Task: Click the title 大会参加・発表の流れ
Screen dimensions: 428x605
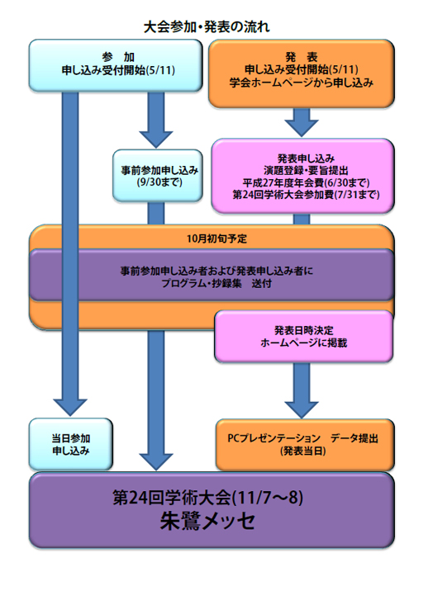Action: click(x=207, y=27)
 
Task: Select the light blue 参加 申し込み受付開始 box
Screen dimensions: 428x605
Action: click(x=116, y=65)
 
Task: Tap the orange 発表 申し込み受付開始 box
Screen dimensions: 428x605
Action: click(x=302, y=73)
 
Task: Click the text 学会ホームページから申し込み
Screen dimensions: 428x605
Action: click(x=302, y=83)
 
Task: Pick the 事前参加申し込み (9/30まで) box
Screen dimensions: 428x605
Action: click(x=158, y=176)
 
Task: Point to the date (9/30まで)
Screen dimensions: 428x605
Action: click(x=159, y=182)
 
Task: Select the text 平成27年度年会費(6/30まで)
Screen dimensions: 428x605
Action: click(x=306, y=182)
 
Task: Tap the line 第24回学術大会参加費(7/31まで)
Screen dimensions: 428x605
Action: click(x=306, y=195)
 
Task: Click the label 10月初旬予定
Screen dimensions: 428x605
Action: click(x=216, y=239)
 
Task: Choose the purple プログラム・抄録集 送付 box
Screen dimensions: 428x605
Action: click(x=212, y=275)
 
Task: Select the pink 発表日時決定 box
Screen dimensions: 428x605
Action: click(x=303, y=336)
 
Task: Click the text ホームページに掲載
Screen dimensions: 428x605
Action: click(x=303, y=343)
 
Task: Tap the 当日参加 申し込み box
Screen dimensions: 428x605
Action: click(x=71, y=444)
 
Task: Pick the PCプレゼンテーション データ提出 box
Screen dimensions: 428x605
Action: click(x=305, y=445)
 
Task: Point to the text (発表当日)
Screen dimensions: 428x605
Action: click(x=303, y=451)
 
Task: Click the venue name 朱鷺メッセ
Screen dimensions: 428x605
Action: click(x=208, y=521)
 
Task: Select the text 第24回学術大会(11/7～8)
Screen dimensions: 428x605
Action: click(x=208, y=498)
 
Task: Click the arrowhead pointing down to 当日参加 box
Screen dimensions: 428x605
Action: click(x=70, y=408)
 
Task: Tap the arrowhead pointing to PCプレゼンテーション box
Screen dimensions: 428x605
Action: click(x=302, y=409)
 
